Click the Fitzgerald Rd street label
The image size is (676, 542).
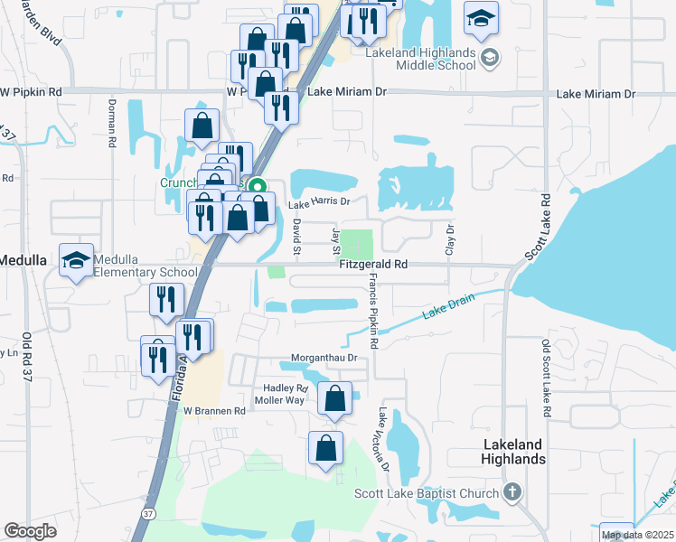click(x=373, y=265)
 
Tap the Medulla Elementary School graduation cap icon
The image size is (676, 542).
click(x=75, y=260)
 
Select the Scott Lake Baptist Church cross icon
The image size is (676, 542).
click(x=512, y=493)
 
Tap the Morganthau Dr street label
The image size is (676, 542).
click(x=324, y=358)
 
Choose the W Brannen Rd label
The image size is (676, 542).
click(x=215, y=410)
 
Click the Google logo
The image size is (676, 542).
click(x=30, y=531)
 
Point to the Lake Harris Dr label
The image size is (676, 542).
click(x=318, y=204)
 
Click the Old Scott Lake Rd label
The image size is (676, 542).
click(x=545, y=378)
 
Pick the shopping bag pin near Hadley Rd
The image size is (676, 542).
click(x=334, y=397)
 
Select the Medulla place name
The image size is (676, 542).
click(x=23, y=260)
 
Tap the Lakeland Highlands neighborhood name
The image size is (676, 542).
click(x=513, y=452)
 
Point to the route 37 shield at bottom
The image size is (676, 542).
click(x=147, y=512)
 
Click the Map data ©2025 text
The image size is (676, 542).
click(x=636, y=535)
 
